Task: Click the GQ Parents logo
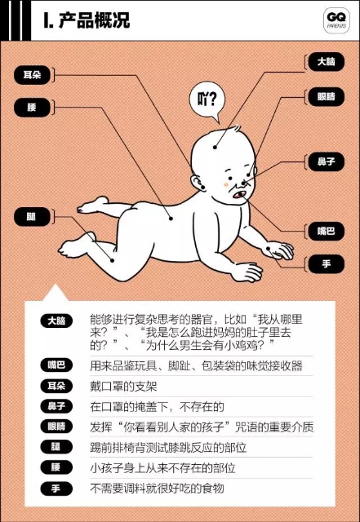point(336,20)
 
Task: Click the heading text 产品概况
point(95,20)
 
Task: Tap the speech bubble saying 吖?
point(207,101)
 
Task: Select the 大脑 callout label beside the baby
point(326,62)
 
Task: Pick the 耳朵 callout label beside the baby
point(32,75)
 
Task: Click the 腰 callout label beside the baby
point(32,108)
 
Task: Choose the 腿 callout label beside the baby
point(32,217)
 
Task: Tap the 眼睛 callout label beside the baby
point(326,97)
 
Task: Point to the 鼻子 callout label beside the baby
point(326,162)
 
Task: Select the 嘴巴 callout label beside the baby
point(326,231)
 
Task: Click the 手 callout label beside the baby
point(326,264)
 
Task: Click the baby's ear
point(198,183)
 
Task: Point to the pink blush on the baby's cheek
point(226,184)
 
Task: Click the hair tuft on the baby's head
point(235,128)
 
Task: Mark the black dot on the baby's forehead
point(216,147)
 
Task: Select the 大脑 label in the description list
point(56,321)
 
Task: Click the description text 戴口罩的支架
point(123,386)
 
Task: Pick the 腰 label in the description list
point(56,467)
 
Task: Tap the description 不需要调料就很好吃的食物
point(157,489)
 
